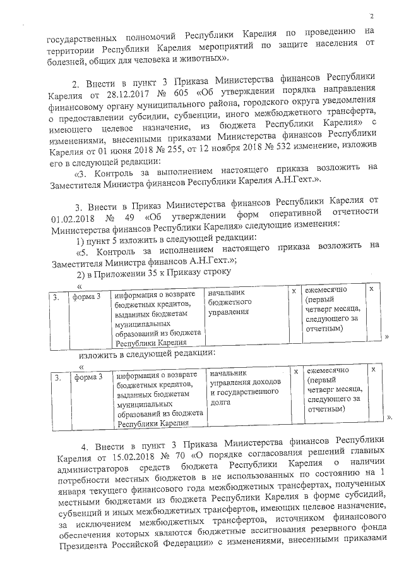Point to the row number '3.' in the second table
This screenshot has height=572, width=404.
click(58, 378)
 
